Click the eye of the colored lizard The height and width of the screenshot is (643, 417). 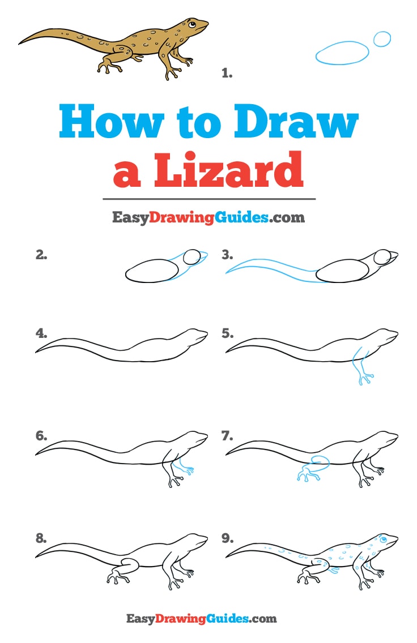(192, 24)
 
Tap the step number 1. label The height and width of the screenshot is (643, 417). (227, 72)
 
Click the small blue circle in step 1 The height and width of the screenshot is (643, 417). (382, 38)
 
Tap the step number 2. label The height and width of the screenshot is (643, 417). (41, 255)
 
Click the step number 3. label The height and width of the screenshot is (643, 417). (227, 255)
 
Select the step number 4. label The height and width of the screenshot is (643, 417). (41, 333)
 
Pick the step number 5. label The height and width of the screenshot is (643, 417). (227, 333)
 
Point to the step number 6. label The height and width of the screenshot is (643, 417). (41, 436)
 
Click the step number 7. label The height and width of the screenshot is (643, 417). (227, 436)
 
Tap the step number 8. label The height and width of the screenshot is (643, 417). (41, 538)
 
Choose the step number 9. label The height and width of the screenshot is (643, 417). (227, 538)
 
